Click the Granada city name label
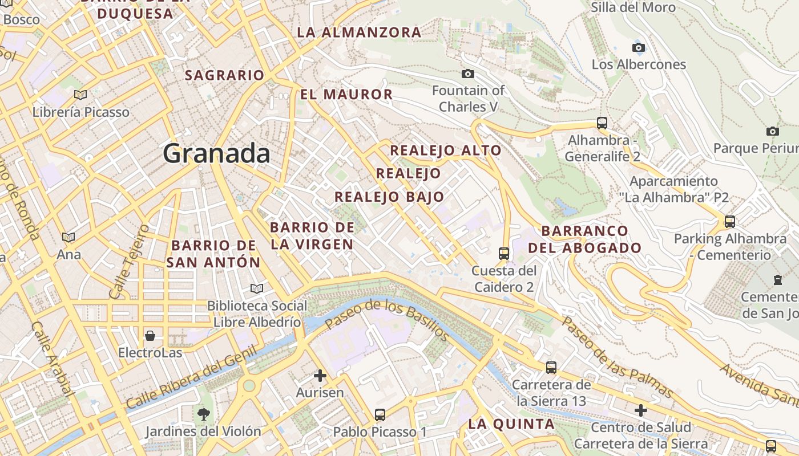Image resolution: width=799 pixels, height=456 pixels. click(216, 153)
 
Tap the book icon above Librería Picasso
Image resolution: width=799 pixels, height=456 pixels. click(80, 95)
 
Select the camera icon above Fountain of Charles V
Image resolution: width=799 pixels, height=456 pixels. click(468, 74)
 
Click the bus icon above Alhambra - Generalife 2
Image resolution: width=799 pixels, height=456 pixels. click(602, 123)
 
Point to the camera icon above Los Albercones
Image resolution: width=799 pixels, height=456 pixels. click(639, 47)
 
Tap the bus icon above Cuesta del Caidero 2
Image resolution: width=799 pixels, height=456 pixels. click(503, 253)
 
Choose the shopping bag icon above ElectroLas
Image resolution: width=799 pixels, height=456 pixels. click(150, 335)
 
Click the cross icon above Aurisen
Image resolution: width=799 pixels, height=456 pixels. click(320, 376)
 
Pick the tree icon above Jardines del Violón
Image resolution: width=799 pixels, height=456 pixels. click(203, 414)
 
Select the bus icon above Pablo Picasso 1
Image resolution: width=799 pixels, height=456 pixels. click(380, 414)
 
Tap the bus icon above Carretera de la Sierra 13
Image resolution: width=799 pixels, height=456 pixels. click(551, 368)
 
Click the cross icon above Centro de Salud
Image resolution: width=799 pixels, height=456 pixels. click(641, 410)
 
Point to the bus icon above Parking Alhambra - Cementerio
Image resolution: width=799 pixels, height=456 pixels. click(729, 221)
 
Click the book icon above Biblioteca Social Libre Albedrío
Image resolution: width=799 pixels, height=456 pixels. click(257, 289)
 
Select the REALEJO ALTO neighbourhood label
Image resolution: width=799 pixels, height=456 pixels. click(445, 150)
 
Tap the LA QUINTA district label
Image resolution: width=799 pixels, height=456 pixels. click(511, 424)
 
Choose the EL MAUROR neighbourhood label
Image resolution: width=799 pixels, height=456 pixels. click(346, 95)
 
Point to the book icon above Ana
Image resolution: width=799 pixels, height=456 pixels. click(68, 237)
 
